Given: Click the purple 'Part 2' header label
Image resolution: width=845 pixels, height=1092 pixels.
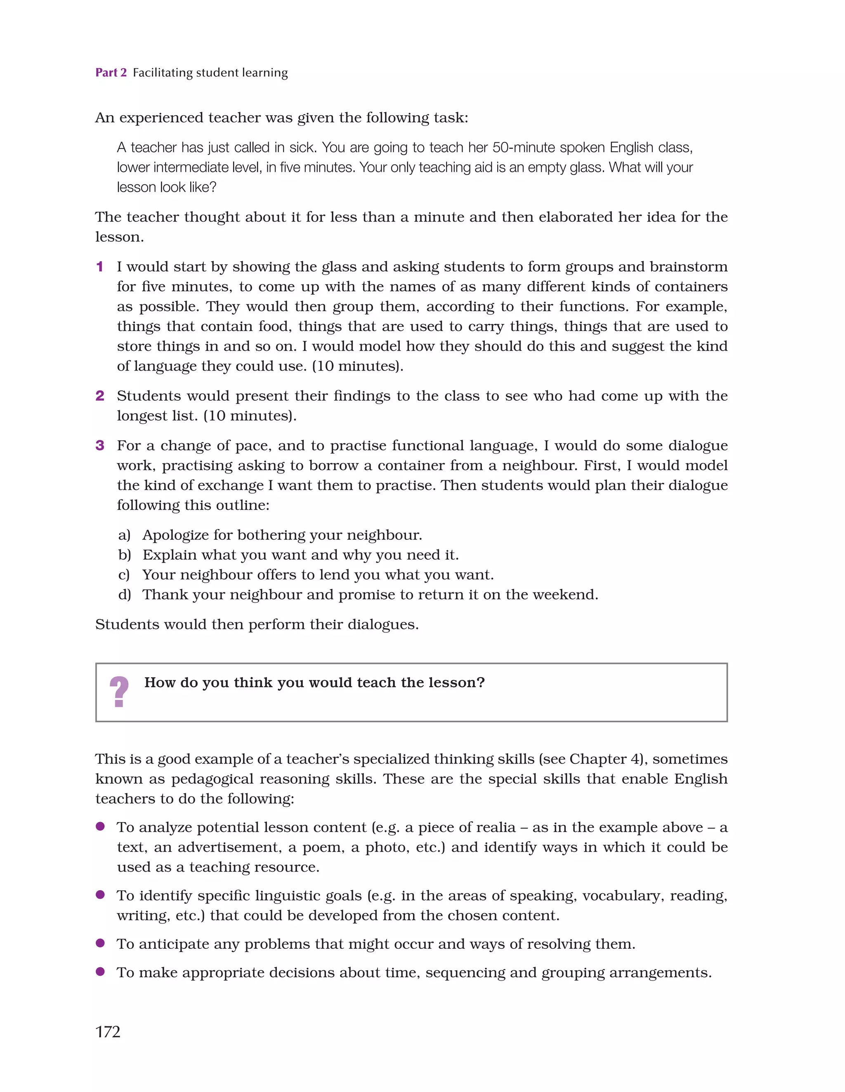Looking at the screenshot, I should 111,73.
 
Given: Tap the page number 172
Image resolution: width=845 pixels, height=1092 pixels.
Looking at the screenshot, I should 108,1031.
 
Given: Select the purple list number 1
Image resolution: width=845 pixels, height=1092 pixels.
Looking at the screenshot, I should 99,267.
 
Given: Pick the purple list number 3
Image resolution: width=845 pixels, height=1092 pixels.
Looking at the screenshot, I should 99,445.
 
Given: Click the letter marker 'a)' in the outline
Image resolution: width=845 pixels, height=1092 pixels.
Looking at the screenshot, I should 124,535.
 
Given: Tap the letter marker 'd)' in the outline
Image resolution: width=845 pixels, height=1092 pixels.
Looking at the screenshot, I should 125,595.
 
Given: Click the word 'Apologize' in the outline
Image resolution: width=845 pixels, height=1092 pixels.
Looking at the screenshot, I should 175,535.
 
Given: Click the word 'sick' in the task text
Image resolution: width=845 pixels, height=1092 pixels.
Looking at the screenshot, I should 302,147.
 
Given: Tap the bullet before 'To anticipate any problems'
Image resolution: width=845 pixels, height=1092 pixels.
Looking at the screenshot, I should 100,943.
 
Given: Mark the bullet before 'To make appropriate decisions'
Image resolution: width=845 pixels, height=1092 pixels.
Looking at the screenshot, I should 100,971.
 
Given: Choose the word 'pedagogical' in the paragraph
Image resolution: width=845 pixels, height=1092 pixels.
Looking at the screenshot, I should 250,779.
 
